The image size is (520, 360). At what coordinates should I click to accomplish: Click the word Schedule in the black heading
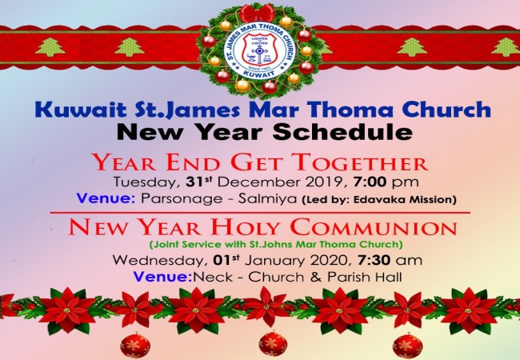point(342,132)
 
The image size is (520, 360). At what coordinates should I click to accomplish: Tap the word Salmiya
point(268,199)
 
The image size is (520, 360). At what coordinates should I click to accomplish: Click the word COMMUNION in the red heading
point(374,227)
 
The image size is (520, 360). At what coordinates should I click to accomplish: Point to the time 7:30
point(374,260)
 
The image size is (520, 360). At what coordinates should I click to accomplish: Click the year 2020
point(330,261)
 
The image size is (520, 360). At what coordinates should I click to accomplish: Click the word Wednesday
point(158,261)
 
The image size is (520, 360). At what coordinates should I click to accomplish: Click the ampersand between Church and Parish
point(316,277)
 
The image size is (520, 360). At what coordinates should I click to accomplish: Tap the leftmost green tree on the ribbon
point(50,47)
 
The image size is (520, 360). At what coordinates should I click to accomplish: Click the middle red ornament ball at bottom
point(273,345)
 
